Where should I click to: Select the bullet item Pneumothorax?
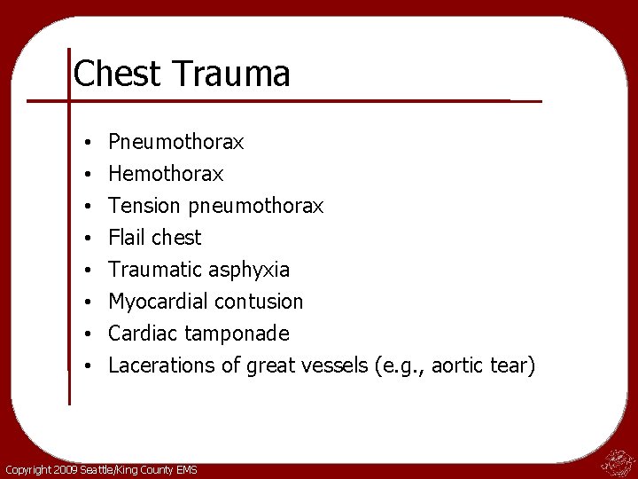[175, 142]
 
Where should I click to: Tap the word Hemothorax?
[166, 174]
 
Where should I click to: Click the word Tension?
[144, 206]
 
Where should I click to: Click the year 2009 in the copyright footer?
[65, 469]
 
